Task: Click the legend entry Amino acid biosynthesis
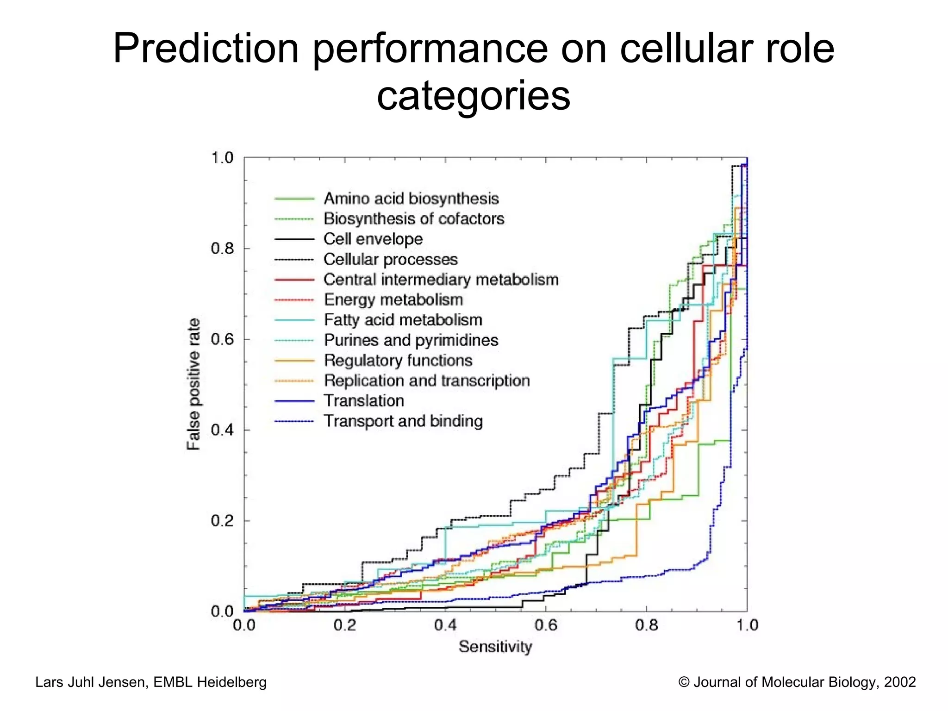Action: tap(411, 199)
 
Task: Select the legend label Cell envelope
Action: tap(373, 239)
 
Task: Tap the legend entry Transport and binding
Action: tap(403, 421)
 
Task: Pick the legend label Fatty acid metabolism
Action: tap(403, 320)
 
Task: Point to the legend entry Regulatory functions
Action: tap(398, 360)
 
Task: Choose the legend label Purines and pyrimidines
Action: tap(411, 340)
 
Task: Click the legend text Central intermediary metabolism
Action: tap(441, 280)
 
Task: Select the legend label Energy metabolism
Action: tap(393, 300)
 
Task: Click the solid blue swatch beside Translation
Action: tap(294, 401)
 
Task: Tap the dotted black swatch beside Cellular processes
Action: tap(294, 260)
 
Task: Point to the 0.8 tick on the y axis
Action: tap(223, 249)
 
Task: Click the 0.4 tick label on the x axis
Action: tap(445, 625)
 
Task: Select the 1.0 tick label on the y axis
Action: tap(223, 158)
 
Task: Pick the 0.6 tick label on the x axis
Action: tap(546, 625)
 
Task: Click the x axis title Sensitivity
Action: tap(495, 647)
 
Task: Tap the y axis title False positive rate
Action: tap(193, 384)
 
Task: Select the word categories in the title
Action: tap(474, 96)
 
